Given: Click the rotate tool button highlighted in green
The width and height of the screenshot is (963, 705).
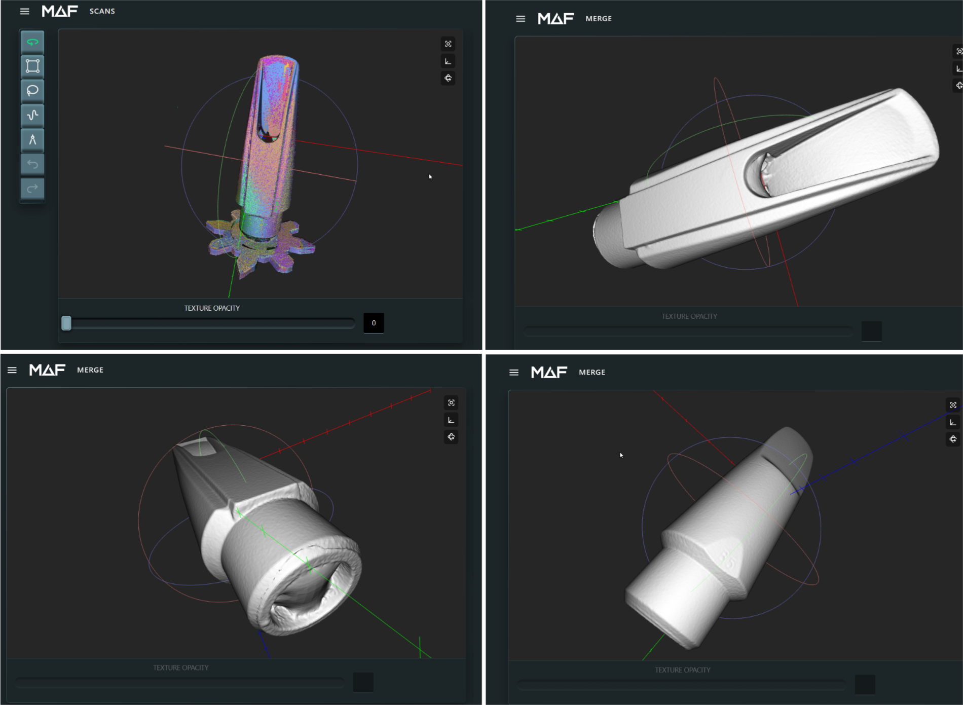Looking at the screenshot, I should [32, 42].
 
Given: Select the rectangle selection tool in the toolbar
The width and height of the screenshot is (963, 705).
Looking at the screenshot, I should [32, 66].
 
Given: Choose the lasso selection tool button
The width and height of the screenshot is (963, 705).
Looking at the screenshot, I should [32, 91].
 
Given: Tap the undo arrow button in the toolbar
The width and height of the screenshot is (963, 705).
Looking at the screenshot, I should [32, 164].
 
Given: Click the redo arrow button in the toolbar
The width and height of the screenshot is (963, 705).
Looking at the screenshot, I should [32, 189].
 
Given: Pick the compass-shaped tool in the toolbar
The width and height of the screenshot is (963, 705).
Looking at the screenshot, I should [32, 140].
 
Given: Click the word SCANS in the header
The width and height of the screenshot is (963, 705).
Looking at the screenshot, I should [102, 11].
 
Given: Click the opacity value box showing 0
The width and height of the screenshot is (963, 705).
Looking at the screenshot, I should [374, 323].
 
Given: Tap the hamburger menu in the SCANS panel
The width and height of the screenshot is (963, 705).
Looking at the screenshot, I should [24, 11].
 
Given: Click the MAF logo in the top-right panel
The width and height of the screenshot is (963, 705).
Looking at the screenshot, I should [555, 19].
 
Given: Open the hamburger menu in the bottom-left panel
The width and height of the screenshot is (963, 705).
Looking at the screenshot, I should [12, 370].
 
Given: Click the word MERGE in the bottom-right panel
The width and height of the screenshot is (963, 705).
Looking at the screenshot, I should [592, 372].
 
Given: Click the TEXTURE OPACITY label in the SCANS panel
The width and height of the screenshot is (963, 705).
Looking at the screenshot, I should [212, 308].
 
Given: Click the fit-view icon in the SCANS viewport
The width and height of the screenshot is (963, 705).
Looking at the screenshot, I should [448, 44].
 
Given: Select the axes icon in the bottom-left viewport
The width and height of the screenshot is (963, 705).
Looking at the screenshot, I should [451, 420].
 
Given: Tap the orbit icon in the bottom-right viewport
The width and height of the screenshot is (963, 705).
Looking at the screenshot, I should [953, 439].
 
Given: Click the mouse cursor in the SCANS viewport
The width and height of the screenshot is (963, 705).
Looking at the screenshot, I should [430, 176].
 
